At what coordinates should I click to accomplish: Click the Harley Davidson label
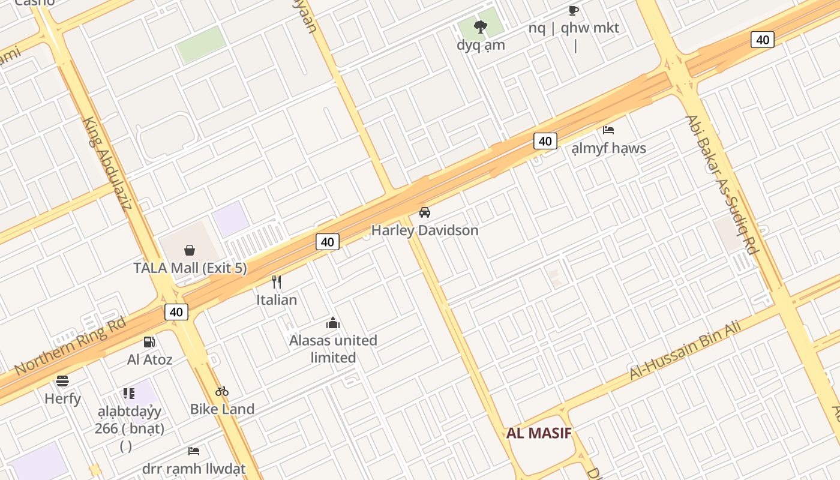425,230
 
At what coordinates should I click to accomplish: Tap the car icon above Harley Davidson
425,212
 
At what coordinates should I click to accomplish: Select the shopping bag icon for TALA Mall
190,250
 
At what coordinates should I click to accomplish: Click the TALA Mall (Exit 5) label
190,268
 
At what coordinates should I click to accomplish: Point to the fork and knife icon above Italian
277,281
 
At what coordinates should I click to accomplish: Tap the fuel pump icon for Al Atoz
149,342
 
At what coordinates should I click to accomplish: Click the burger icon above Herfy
62,380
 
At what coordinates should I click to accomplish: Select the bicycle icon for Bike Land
222,391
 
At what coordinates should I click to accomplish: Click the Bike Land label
222,409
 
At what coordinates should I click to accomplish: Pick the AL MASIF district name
539,433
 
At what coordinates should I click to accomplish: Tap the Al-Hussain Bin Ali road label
685,350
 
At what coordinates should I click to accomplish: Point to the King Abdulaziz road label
108,163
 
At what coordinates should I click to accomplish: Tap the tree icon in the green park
480,26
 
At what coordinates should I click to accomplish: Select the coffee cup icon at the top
573,10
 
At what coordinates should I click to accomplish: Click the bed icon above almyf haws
608,130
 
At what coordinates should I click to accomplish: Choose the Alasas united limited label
333,349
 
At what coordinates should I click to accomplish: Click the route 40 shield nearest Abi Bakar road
762,40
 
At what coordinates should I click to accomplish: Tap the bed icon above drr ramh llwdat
194,451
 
